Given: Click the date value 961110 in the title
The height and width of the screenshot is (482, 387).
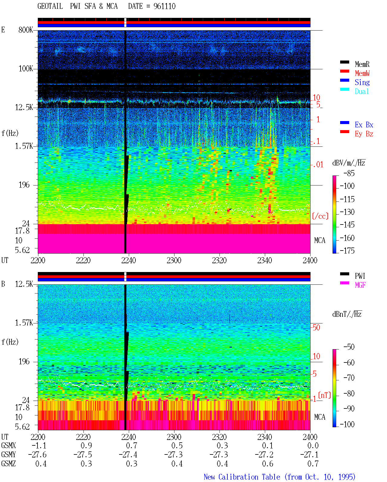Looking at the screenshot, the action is pyautogui.click(x=164, y=6).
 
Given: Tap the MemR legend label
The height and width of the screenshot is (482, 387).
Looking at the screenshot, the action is pyautogui.click(x=362, y=64).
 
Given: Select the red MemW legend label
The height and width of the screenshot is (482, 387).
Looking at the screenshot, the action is pyautogui.click(x=362, y=73).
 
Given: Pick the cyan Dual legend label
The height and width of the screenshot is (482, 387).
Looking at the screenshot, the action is pyautogui.click(x=362, y=91).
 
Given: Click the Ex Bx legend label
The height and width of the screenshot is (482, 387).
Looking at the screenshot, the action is pyautogui.click(x=364, y=125).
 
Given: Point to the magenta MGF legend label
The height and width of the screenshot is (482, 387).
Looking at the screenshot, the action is pyautogui.click(x=360, y=285).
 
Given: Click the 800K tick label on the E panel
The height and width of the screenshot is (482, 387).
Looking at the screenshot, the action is pyautogui.click(x=26, y=30).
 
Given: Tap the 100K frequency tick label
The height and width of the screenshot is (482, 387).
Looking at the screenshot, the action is pyautogui.click(x=26, y=69).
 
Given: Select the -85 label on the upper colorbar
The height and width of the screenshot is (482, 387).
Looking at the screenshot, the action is pyautogui.click(x=349, y=173).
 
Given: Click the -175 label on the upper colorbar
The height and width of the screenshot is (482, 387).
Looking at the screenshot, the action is pyautogui.click(x=347, y=251).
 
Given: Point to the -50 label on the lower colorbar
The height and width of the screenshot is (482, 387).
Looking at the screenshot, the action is pyautogui.click(x=349, y=347).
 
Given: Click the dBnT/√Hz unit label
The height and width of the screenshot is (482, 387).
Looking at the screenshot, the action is pyautogui.click(x=347, y=314).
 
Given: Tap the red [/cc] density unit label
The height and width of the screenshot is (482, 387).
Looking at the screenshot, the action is pyautogui.click(x=320, y=216).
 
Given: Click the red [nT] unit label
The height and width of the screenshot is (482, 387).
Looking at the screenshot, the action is pyautogui.click(x=324, y=395).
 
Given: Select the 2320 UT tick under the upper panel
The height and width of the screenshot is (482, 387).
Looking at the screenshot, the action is pyautogui.click(x=219, y=261).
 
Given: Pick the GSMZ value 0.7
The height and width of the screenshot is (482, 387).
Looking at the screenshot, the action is pyautogui.click(x=313, y=464).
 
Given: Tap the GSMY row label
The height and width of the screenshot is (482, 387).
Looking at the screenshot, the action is pyautogui.click(x=8, y=455).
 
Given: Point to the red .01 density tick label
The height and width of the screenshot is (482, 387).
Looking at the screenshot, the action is pyautogui.click(x=318, y=165).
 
